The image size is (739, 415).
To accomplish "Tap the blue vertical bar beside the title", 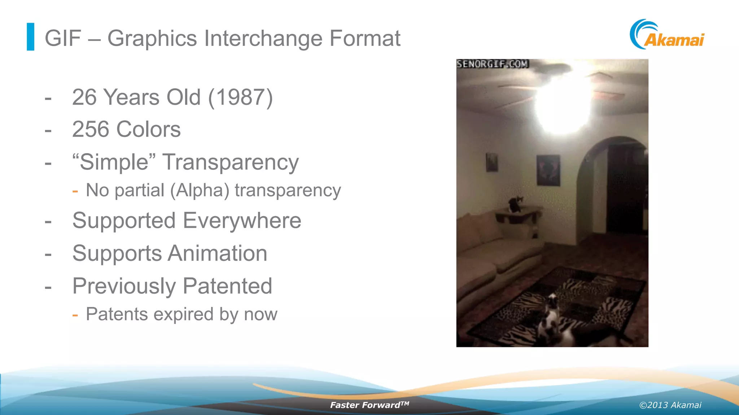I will [31, 37].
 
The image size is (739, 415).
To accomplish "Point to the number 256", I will [91, 129].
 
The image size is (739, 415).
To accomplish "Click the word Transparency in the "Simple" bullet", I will [231, 162].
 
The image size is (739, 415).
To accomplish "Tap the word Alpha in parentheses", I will [200, 190].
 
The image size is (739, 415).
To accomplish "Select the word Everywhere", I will [242, 220].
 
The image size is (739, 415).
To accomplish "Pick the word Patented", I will [227, 286].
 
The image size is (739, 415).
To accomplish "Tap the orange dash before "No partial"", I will [75, 191].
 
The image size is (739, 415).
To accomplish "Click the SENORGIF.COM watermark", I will [493, 64].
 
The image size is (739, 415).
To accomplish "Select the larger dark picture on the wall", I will [548, 170].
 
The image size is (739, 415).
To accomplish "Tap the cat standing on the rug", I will [551, 317].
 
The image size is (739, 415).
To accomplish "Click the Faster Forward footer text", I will [369, 405].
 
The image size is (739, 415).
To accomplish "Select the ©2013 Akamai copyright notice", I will [670, 405].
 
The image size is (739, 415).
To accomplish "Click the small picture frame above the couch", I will [492, 162].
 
